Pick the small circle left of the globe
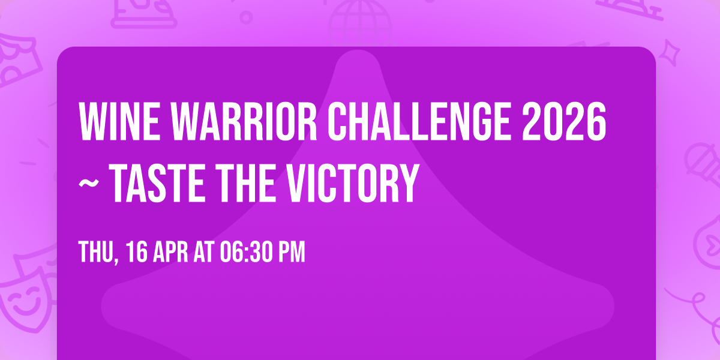[x=246, y=16]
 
